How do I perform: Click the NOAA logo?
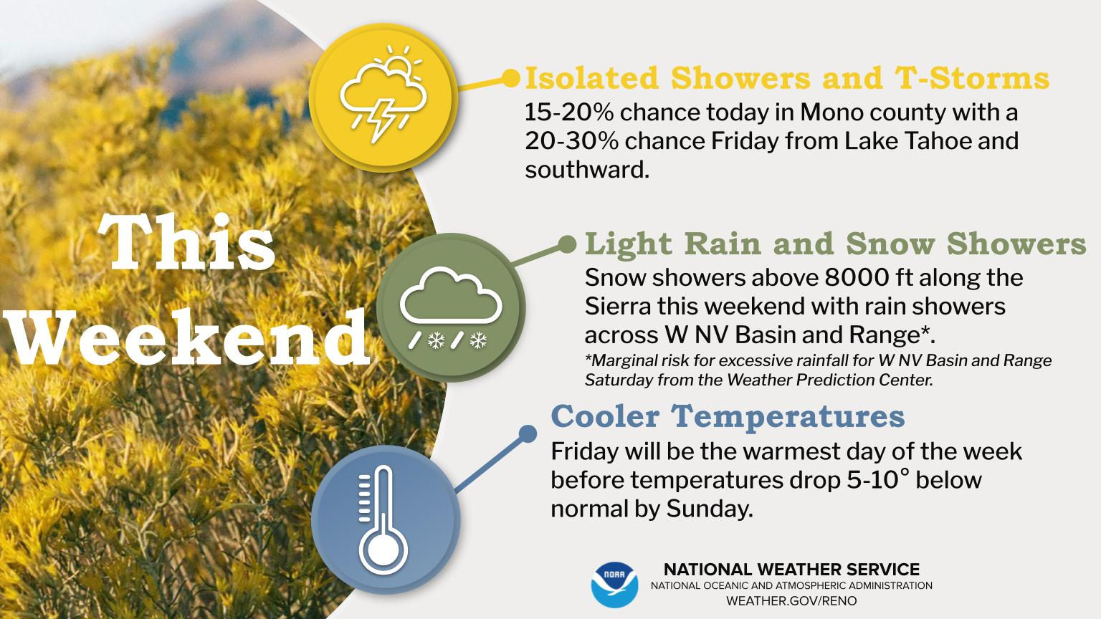pos(614,585)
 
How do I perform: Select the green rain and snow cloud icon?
pos(451,307)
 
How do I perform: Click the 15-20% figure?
pos(568,112)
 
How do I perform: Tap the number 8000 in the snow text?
pos(857,278)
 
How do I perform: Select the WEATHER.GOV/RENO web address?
pos(791,601)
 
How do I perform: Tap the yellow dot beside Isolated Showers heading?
pos(510,78)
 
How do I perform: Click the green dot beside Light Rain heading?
pos(567,244)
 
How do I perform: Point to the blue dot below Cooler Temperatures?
pos(528,433)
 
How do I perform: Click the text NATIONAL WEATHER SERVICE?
pos(791,570)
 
